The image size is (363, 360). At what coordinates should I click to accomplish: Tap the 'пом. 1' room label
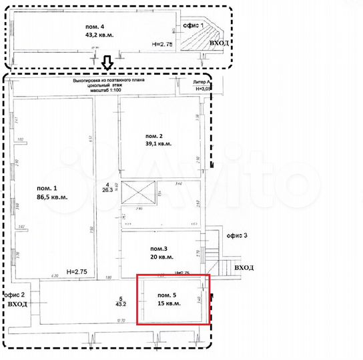46,187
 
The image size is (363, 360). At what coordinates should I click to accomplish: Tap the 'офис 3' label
236,235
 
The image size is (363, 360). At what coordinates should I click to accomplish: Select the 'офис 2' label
15,294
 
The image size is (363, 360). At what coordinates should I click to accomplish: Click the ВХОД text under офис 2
19,303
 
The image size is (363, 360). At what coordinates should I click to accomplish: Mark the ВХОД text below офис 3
244,267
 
